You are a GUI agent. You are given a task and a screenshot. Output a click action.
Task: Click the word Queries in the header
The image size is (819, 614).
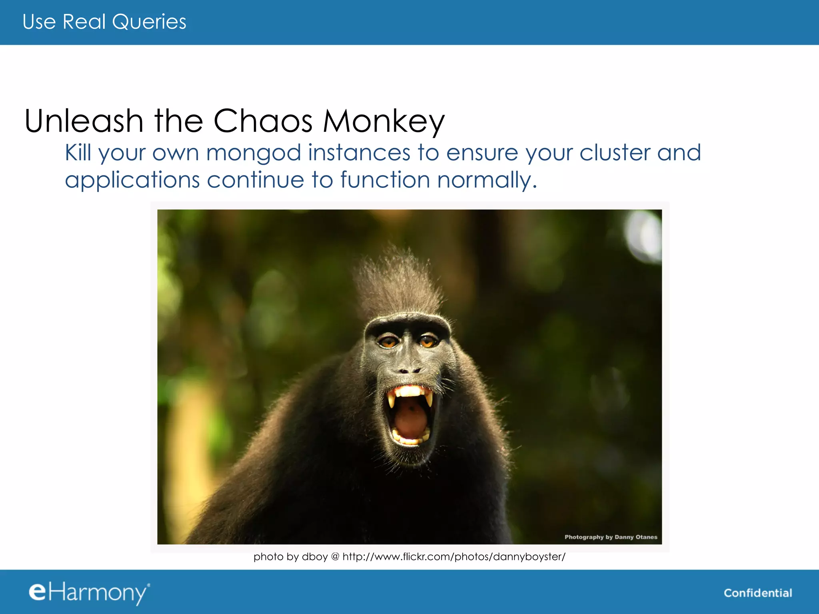[x=149, y=22]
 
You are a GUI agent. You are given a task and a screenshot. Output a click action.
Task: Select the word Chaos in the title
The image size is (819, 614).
[x=263, y=121]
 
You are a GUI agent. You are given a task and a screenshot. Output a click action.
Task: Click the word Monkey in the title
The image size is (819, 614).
[x=384, y=122]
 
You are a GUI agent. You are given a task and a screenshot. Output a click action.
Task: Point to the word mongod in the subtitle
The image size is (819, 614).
[x=253, y=153]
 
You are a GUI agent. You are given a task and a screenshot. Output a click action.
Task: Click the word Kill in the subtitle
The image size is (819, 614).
[x=78, y=153]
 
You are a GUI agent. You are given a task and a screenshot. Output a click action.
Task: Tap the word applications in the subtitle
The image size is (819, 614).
[x=132, y=180]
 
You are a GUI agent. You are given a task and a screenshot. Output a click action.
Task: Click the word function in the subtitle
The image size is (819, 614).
[x=385, y=179]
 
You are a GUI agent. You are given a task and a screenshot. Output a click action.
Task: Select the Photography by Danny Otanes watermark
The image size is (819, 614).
[x=611, y=537]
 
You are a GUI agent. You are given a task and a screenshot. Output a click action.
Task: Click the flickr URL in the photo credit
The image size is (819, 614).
[x=454, y=556]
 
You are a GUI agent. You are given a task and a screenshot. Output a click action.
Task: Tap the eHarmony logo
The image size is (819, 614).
[x=89, y=592]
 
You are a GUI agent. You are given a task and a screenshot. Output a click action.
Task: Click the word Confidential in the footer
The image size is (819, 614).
[x=758, y=593]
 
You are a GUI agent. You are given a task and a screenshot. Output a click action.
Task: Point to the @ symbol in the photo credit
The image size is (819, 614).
[x=335, y=556]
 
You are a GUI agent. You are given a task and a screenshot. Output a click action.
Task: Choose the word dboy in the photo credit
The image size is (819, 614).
[x=315, y=556]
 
